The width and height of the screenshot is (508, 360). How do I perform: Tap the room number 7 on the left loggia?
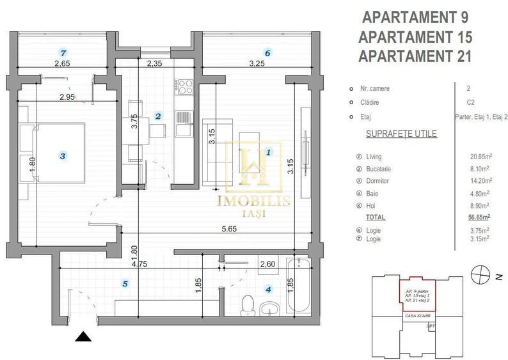click(x=62, y=52)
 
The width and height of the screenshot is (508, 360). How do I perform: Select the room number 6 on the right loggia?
click(x=267, y=52)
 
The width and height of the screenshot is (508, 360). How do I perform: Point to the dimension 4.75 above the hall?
click(x=132, y=261)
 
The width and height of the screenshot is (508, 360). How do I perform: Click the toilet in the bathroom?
click(x=247, y=306)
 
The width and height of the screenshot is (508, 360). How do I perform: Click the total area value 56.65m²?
click(x=480, y=217)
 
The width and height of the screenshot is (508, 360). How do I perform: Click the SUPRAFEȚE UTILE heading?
click(x=392, y=134)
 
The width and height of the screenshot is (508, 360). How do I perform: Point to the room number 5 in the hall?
click(x=125, y=283)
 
